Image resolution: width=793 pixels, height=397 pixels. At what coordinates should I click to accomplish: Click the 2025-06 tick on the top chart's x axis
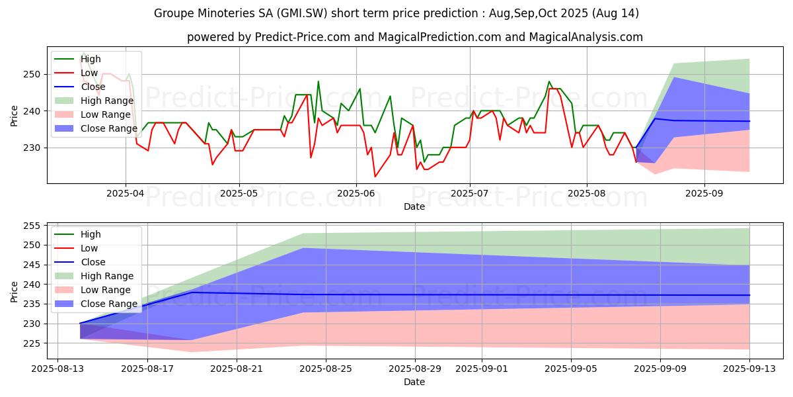pyautogui.click(x=356, y=194)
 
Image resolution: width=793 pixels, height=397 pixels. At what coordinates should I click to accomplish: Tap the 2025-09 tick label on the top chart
pyautogui.click(x=704, y=194)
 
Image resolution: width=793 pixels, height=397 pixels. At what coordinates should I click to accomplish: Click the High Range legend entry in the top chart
pyautogui.click(x=108, y=101)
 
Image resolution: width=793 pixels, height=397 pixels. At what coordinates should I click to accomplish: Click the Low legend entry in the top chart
pyautogui.click(x=89, y=73)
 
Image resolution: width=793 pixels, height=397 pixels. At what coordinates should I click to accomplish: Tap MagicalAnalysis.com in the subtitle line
pyautogui.click(x=585, y=37)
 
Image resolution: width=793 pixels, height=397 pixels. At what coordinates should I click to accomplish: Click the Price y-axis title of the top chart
pyautogui.click(x=15, y=114)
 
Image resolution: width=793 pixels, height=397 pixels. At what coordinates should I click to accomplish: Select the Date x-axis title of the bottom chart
pyautogui.click(x=414, y=382)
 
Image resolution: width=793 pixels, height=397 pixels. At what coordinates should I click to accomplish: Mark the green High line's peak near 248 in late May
pyautogui.click(x=318, y=81)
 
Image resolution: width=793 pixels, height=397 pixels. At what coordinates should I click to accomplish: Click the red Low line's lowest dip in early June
pyautogui.click(x=375, y=177)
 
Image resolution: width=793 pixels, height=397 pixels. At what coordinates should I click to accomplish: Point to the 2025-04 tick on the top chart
pyautogui.click(x=126, y=194)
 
